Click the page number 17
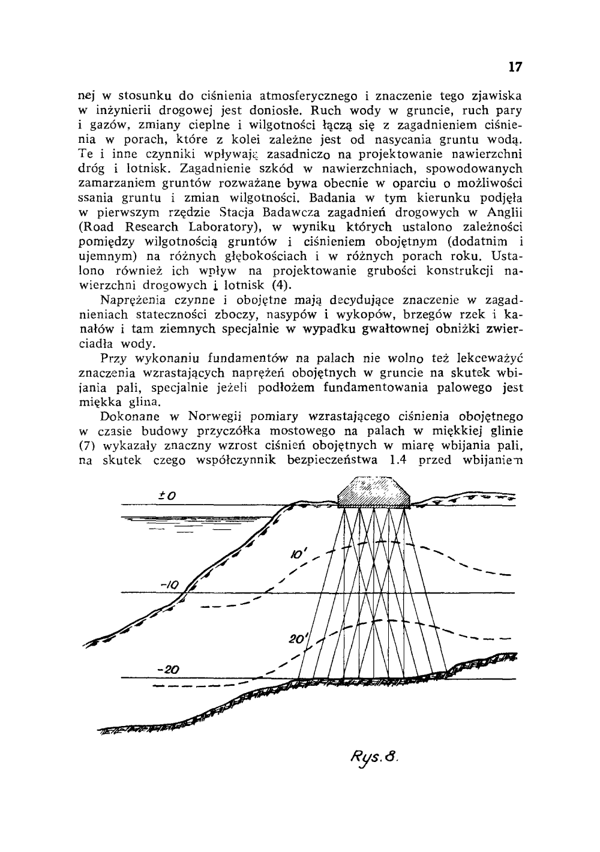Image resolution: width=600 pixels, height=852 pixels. [515, 67]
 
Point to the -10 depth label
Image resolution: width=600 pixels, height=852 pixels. [171, 583]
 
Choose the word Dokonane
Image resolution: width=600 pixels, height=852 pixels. [131, 416]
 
